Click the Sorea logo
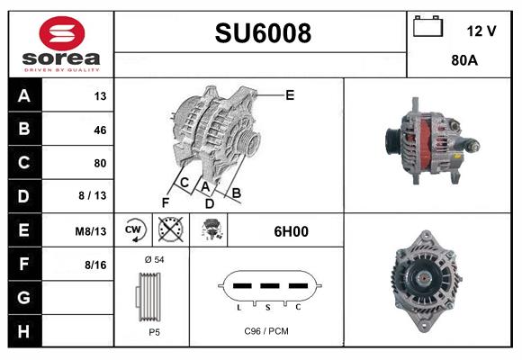point(60,44)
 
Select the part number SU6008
point(263,33)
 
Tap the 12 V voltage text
point(481,31)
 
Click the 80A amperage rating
point(464,62)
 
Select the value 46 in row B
point(99,130)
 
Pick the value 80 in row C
point(99,163)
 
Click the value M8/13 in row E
point(91,230)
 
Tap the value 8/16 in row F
point(96,264)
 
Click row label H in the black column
point(23,330)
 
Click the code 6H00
point(291,231)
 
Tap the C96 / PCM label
point(266,330)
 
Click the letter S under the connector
point(266,308)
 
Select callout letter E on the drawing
point(290,94)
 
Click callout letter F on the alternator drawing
point(165,201)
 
